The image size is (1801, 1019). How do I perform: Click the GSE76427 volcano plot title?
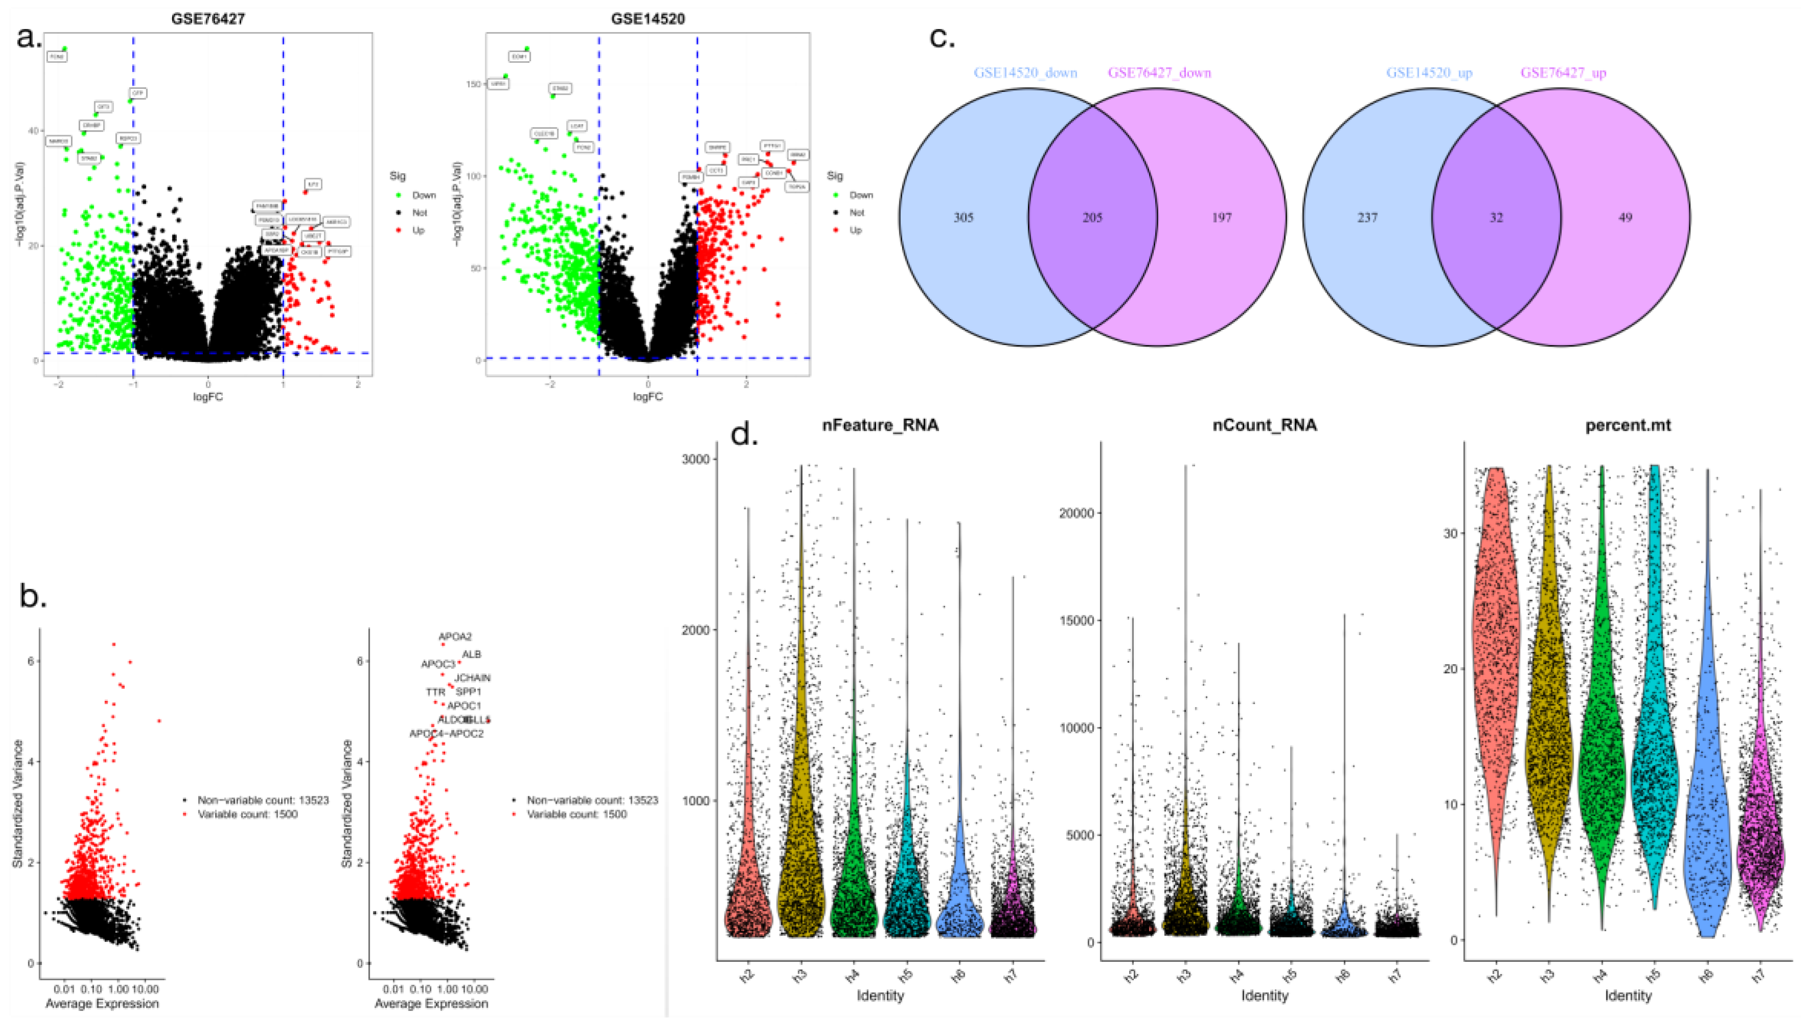pos(208,19)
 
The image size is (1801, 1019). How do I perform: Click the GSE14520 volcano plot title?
pos(648,19)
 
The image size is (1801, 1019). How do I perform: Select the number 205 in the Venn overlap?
pos(1092,217)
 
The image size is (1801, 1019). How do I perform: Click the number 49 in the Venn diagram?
pos(1625,217)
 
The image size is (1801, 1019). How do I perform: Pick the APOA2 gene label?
pos(455,637)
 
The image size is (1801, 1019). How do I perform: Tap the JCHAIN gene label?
pos(473,677)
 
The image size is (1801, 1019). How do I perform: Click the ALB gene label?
pos(471,654)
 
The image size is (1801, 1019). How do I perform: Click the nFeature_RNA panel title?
pos(880,425)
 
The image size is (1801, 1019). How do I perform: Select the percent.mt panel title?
pos(1627,425)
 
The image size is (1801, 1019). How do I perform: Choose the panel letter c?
pos(942,38)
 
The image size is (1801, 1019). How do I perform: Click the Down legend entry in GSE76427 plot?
pos(424,195)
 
